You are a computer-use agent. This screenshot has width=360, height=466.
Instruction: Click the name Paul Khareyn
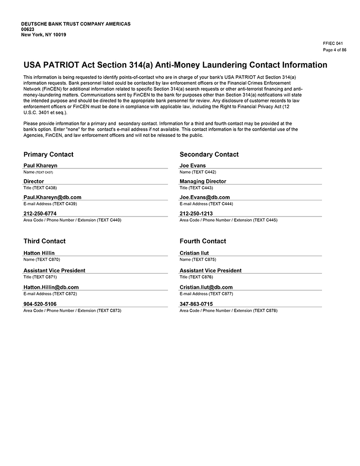click(x=40, y=166)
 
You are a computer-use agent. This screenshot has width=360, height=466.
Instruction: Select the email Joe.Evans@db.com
click(x=204, y=198)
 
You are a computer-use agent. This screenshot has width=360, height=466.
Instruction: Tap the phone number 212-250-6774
click(x=40, y=214)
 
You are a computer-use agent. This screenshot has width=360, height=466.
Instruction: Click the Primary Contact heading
click(x=49, y=154)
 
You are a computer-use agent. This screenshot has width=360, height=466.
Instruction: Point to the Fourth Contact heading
click(x=203, y=241)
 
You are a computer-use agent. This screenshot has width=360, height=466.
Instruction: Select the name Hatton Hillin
click(x=39, y=253)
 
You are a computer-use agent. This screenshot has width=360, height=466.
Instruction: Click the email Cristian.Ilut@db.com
click(x=206, y=287)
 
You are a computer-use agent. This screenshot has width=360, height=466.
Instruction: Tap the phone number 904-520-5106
click(x=40, y=304)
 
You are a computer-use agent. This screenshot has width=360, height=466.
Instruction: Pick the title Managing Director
click(x=203, y=182)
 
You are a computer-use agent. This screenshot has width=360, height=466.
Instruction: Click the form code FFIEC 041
click(x=332, y=43)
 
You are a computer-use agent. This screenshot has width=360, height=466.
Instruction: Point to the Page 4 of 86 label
click(x=334, y=50)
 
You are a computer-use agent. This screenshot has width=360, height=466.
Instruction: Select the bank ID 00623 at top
click(x=28, y=29)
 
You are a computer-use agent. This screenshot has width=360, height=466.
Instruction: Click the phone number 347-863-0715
click(x=196, y=304)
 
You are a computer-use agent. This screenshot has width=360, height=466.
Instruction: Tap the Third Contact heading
click(x=44, y=241)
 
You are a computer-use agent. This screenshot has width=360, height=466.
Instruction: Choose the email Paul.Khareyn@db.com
click(x=52, y=198)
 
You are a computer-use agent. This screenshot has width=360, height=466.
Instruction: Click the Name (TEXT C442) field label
click(x=197, y=172)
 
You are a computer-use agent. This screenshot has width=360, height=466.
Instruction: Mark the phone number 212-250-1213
click(x=196, y=214)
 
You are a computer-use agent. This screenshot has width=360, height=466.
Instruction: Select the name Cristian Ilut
click(x=194, y=253)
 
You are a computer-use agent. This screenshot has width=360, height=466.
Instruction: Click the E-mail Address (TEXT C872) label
click(x=50, y=294)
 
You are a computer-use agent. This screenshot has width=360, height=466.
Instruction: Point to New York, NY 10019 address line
click(x=44, y=34)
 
